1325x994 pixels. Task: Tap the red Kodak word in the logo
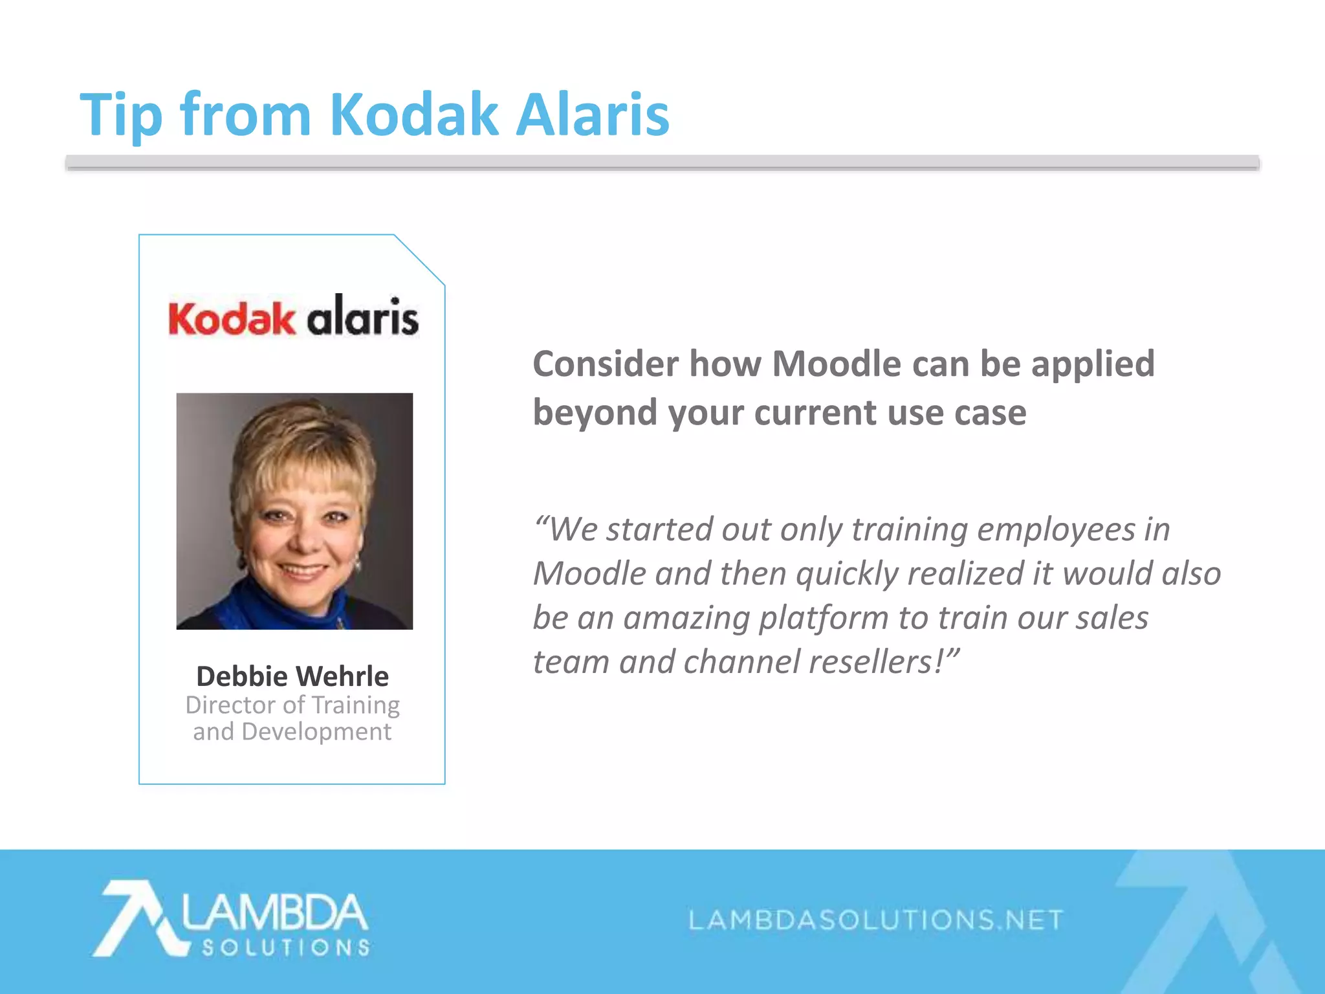point(231,319)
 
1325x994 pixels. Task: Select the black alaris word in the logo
point(362,316)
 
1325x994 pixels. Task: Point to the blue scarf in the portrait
point(272,605)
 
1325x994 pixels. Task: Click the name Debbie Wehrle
point(292,676)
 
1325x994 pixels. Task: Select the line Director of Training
point(292,705)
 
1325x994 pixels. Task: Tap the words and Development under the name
point(292,732)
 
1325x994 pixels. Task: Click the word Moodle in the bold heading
point(837,364)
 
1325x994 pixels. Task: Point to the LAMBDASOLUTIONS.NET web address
point(875,920)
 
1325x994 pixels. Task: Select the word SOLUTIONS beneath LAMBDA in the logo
point(285,948)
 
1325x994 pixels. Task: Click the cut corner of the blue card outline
point(419,260)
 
